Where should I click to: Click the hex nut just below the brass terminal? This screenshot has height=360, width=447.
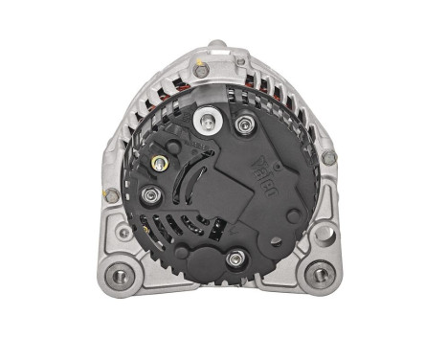coord(150,196)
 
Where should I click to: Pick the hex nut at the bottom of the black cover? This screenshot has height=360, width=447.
coord(234,257)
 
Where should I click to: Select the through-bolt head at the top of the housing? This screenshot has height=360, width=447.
coord(200,71)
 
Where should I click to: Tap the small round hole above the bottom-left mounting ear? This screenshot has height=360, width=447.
coord(123,233)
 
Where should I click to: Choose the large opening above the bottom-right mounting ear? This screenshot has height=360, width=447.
coord(324,234)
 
